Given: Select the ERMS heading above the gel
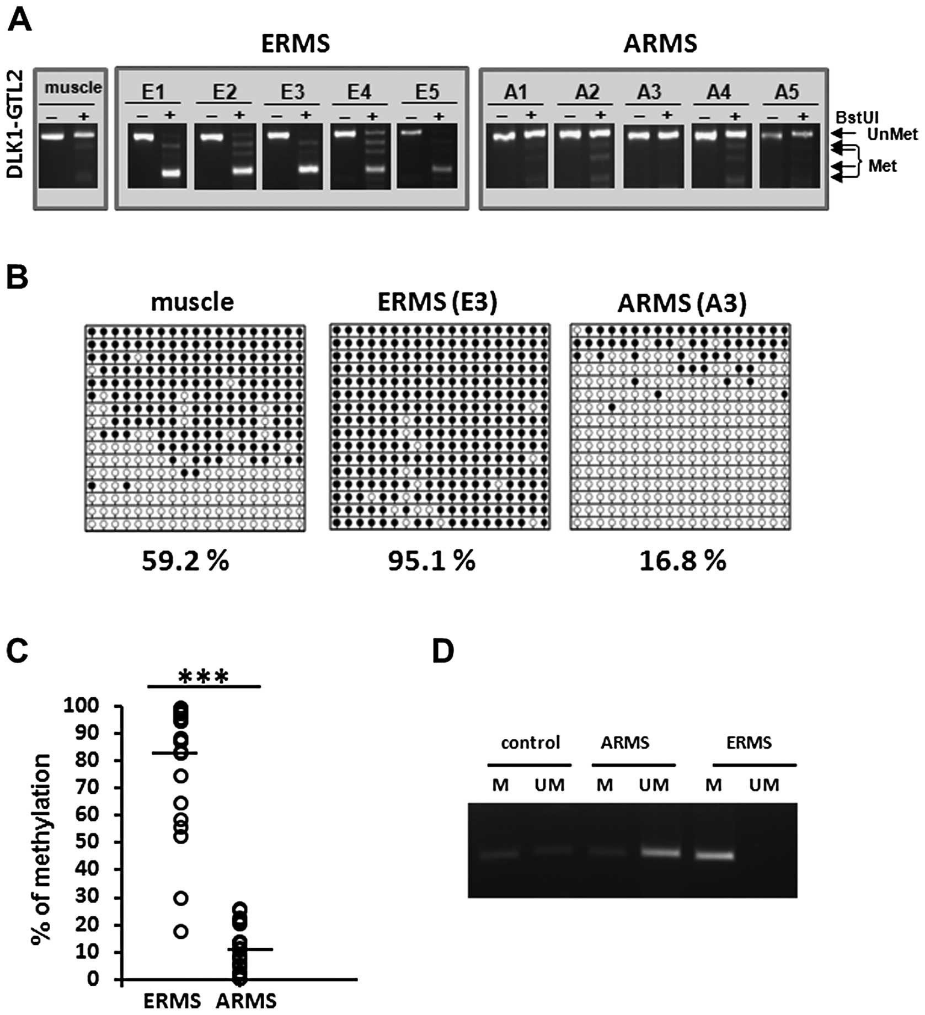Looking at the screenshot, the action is pos(295,44).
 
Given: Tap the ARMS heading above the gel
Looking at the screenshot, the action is pos(660,44).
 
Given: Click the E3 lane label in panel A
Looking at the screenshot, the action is pos(292,92).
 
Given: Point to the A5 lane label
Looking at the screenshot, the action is pos(787,92).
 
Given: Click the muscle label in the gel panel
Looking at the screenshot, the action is pos(73,87).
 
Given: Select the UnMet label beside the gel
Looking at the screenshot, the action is pos(892,134).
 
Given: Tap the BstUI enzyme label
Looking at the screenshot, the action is pos(857,117).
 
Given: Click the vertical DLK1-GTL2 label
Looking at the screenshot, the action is pos(15,124).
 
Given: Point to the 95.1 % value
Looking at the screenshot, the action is pos(431,561).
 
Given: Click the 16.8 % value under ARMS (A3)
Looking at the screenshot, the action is pos(682,561).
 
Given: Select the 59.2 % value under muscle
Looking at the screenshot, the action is pos(185,561).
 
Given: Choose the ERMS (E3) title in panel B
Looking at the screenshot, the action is pos(437,302).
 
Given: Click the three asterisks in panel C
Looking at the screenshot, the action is pos(204,677).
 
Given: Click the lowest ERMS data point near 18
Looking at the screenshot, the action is pos(181,932).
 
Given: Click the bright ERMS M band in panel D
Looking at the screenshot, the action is pos(714,856).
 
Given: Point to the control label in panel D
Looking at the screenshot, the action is pos(530,742).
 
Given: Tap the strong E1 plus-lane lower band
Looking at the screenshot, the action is pos(172,173).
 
